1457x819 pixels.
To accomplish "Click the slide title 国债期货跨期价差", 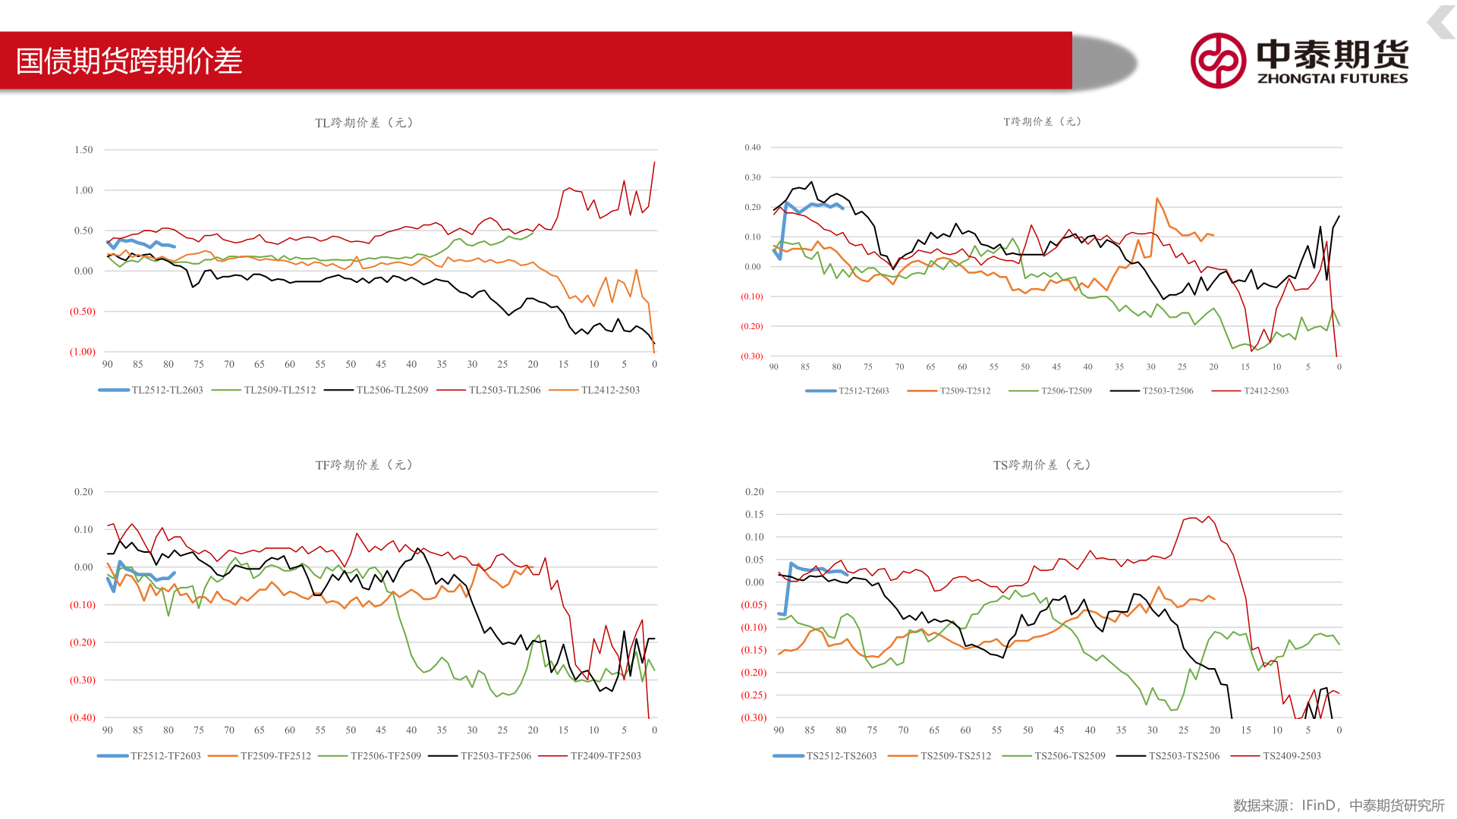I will (129, 61).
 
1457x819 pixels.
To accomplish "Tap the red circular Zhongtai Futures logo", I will (1218, 61).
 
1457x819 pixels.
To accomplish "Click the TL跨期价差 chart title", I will (363, 123).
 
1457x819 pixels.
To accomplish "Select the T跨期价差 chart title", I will (1042, 121).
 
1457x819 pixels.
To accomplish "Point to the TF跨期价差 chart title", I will (363, 465).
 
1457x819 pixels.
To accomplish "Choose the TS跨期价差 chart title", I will (1041, 465).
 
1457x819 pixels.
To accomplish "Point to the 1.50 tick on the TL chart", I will (83, 150).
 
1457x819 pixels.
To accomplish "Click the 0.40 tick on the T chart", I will (752, 148).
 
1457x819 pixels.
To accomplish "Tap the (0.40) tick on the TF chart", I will (83, 717).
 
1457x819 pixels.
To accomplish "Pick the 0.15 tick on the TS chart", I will (754, 514).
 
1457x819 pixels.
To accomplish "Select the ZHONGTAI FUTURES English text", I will (1333, 78).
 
